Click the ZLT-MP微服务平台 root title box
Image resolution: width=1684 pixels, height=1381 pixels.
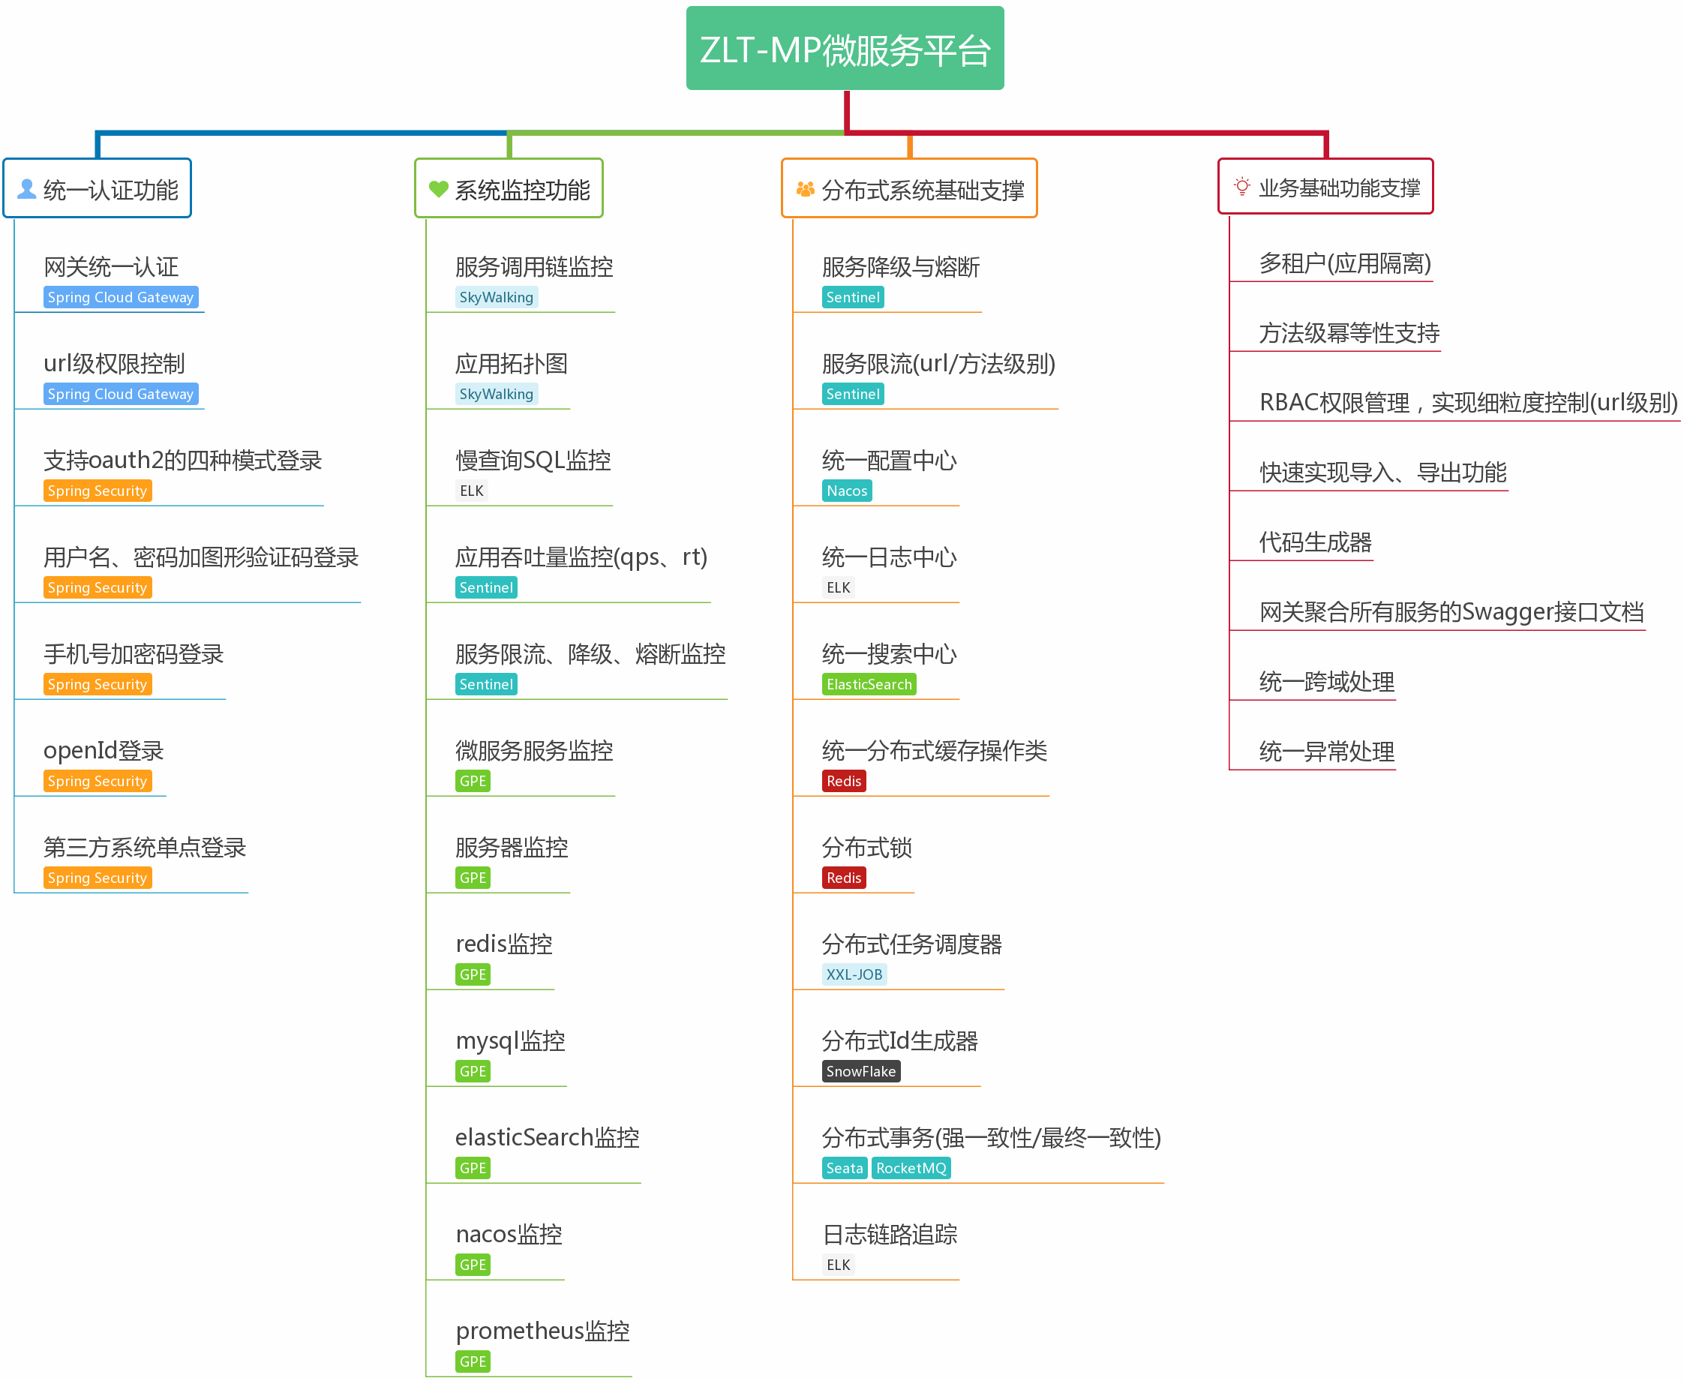point(845,49)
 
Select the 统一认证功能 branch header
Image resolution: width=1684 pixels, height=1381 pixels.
point(98,188)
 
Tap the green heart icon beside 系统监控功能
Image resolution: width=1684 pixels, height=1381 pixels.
point(438,188)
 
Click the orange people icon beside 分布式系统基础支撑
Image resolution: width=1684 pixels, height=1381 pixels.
point(805,188)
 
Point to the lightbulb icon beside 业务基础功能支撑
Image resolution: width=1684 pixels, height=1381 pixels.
point(1241,187)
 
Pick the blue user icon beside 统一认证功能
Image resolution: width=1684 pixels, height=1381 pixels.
point(27,188)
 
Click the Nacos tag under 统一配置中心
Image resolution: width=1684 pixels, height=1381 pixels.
point(846,491)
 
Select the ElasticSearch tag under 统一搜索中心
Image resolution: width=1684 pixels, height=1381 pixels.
point(869,684)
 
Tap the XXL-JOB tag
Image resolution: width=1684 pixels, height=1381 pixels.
point(854,974)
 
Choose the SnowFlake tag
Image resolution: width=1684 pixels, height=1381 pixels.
point(860,1071)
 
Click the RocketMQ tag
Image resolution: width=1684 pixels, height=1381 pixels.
point(911,1168)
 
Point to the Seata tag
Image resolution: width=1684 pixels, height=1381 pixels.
point(844,1168)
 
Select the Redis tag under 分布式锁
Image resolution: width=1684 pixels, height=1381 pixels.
point(843,878)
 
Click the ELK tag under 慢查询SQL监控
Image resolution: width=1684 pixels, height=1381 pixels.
point(472,491)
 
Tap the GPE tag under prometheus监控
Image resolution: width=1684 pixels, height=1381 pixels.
point(473,1361)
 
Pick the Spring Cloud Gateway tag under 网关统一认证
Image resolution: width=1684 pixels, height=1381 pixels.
point(120,298)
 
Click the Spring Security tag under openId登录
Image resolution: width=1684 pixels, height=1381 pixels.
point(97,781)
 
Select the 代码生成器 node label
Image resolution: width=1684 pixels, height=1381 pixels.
point(1315,542)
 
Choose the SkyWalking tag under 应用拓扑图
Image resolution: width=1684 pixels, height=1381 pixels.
point(497,394)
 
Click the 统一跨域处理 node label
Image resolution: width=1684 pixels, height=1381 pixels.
point(1326,682)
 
